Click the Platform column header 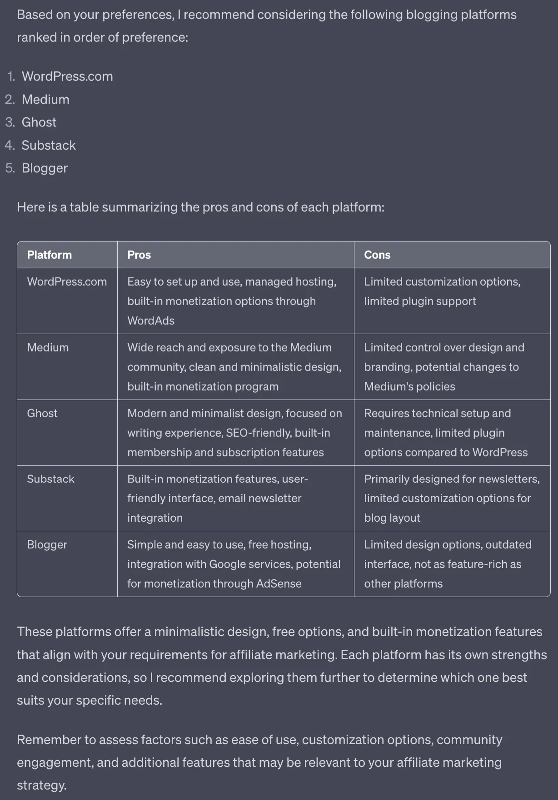click(49, 255)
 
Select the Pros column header click(139, 255)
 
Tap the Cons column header click(377, 255)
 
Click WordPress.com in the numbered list click(67, 76)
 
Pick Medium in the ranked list click(45, 99)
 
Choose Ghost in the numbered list click(39, 122)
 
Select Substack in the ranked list click(49, 145)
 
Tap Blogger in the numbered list click(45, 168)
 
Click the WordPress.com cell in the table click(67, 281)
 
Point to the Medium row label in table click(48, 347)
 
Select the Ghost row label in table click(42, 413)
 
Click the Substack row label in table click(50, 479)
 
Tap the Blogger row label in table click(47, 544)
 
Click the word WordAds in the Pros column click(151, 321)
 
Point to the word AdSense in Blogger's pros click(279, 583)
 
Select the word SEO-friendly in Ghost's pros click(259, 433)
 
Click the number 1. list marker click(11, 76)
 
